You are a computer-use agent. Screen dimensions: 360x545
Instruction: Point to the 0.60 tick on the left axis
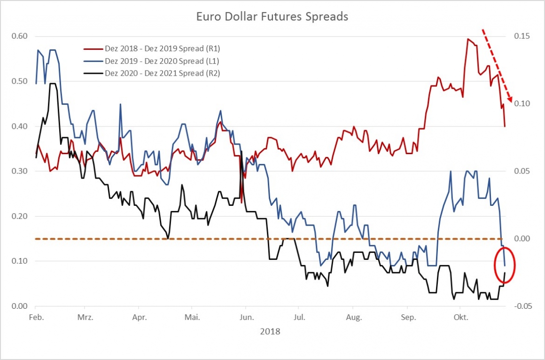[19, 36]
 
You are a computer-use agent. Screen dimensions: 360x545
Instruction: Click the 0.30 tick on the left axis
[19, 172]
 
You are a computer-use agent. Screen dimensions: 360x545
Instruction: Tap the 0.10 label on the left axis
[19, 261]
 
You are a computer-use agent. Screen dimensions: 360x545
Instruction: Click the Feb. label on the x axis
[36, 317]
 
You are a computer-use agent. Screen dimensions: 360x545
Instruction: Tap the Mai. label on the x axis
[192, 317]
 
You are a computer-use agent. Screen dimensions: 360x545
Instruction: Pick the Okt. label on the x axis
[460, 317]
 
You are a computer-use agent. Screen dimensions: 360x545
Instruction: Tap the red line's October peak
[467, 39]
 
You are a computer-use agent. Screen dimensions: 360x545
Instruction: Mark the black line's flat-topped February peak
[53, 84]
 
